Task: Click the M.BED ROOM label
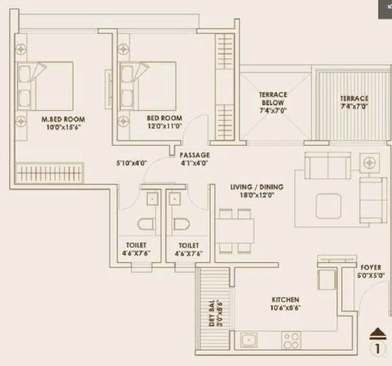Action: [x=63, y=119]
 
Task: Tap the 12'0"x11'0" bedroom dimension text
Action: [x=165, y=126]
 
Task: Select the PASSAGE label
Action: [x=195, y=155]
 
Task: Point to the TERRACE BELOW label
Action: [x=273, y=99]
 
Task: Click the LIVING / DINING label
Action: [x=257, y=187]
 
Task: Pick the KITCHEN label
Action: [x=285, y=299]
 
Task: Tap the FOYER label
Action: [x=371, y=268]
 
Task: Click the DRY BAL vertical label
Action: [x=212, y=313]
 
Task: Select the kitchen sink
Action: [x=249, y=340]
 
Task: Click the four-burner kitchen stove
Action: [x=291, y=340]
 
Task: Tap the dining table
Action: [x=235, y=231]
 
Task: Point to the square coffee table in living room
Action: [x=328, y=206]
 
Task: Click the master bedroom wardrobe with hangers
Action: [x=49, y=173]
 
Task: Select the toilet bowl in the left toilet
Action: [x=146, y=224]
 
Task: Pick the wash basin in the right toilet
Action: [x=175, y=199]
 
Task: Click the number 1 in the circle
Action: [x=377, y=348]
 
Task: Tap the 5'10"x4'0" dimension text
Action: [x=131, y=163]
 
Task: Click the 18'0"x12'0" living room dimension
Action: [x=257, y=195]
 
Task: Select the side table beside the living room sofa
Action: [x=369, y=163]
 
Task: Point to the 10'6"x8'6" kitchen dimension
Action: [x=285, y=308]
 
